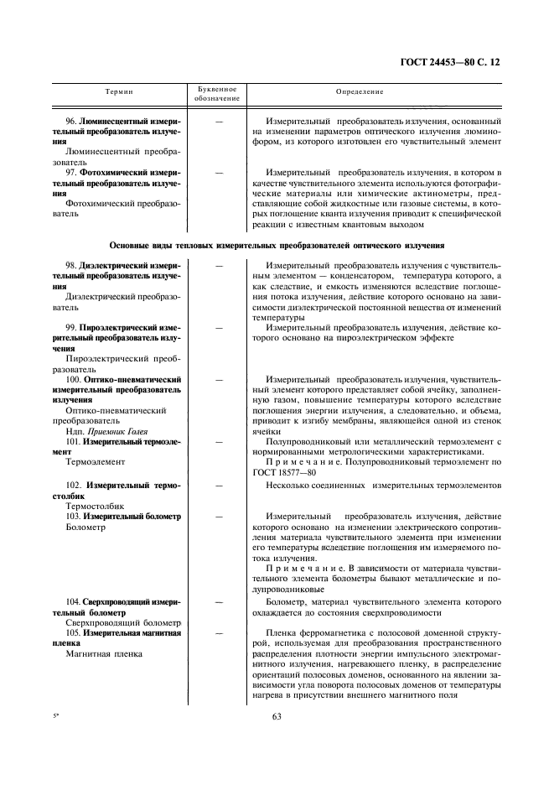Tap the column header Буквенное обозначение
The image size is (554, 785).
pyautogui.click(x=218, y=93)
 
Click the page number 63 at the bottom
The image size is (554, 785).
pyautogui.click(x=277, y=715)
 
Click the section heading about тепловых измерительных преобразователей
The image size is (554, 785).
pyautogui.click(x=277, y=245)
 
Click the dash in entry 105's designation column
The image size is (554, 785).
pyautogui.click(x=219, y=632)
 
